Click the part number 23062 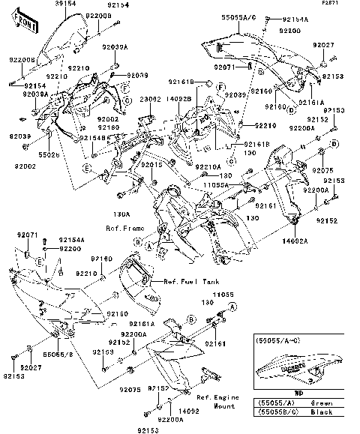click(x=151, y=99)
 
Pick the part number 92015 click(x=152, y=163)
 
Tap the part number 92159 click(x=103, y=351)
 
